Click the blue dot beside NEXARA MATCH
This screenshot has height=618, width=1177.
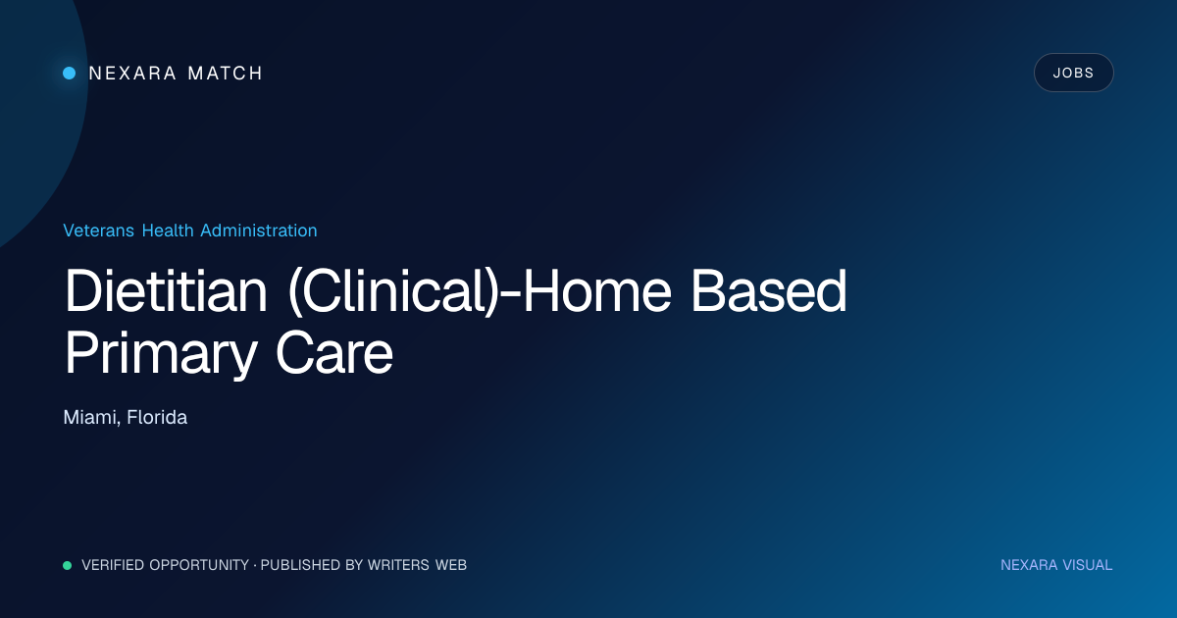tap(70, 73)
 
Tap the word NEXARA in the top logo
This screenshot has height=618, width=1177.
tap(132, 73)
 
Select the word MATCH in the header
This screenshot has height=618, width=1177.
tap(225, 73)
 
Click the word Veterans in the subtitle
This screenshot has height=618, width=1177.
tap(98, 231)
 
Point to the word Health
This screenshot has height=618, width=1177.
tap(168, 231)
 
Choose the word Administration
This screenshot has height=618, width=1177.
tap(259, 231)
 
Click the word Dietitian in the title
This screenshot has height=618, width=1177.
tap(166, 291)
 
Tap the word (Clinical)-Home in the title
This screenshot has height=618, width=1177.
tap(480, 291)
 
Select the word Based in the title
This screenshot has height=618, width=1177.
tap(768, 291)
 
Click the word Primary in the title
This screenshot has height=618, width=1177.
tap(160, 354)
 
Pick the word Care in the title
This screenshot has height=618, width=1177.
tap(334, 353)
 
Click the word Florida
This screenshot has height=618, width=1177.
tap(157, 417)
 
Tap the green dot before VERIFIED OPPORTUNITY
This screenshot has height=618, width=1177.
tap(68, 565)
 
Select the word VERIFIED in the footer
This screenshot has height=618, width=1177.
tap(113, 565)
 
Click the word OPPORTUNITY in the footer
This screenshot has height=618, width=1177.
tap(199, 565)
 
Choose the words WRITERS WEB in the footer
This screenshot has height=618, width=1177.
tap(417, 565)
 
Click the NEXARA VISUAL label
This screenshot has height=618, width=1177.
tap(1056, 565)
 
